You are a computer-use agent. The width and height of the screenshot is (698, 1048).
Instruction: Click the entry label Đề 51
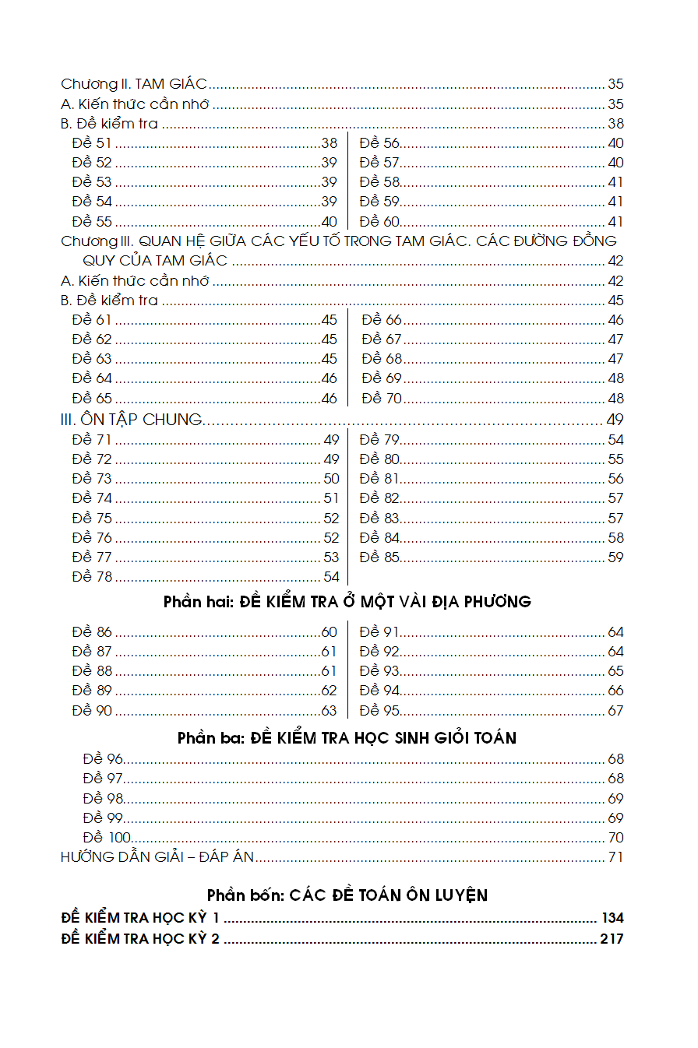click(92, 143)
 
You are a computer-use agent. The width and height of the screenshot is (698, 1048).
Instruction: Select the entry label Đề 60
click(379, 222)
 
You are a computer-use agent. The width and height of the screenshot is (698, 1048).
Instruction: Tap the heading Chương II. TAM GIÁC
click(133, 84)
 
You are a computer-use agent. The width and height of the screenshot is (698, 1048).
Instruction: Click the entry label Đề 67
click(382, 339)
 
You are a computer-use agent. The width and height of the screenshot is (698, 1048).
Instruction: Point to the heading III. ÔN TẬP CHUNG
click(131, 420)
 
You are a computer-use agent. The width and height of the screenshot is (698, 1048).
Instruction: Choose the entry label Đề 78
click(92, 577)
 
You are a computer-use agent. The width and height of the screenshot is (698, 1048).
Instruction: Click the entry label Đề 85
click(379, 557)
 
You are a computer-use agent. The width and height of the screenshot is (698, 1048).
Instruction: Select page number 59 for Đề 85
click(615, 557)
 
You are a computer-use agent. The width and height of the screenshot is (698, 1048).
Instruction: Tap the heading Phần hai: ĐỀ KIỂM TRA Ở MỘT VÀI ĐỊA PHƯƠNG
click(347, 602)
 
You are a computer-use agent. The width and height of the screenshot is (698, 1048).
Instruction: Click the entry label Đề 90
click(92, 711)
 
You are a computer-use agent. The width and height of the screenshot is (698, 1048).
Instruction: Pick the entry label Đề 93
click(379, 671)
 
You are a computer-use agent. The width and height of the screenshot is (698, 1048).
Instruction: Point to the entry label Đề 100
click(107, 838)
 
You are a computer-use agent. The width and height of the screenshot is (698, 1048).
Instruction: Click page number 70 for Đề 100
click(615, 838)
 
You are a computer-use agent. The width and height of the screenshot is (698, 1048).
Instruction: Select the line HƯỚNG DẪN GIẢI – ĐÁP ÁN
click(158, 858)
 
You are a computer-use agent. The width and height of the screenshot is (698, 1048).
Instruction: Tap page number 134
click(612, 919)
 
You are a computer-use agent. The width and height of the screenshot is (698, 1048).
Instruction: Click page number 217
click(612, 939)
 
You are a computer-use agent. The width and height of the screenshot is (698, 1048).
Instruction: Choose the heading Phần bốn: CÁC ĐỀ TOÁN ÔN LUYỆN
click(347, 895)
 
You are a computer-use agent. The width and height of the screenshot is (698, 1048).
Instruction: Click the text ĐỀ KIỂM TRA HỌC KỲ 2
click(140, 939)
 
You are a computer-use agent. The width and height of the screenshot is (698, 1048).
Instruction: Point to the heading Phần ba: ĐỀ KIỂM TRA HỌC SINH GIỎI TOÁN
click(347, 737)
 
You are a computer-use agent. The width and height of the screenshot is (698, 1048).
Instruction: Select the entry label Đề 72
click(92, 459)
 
